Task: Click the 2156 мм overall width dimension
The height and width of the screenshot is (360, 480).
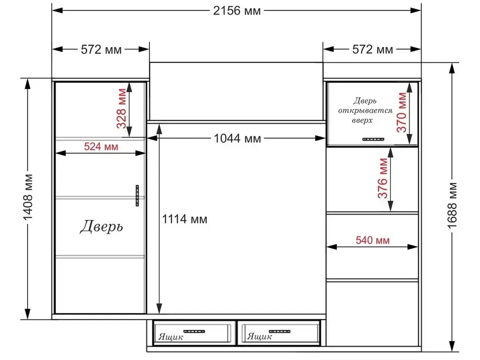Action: tap(237, 11)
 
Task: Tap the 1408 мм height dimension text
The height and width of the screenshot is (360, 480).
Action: tap(28, 197)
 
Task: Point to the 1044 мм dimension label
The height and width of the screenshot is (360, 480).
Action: tap(237, 138)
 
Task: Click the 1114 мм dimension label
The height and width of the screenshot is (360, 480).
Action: tap(185, 219)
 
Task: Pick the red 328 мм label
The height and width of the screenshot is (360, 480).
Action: tap(122, 108)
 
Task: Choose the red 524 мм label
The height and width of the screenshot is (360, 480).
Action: tap(101, 147)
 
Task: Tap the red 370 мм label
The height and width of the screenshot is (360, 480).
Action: tap(402, 112)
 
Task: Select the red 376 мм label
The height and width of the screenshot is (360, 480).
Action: tap(383, 178)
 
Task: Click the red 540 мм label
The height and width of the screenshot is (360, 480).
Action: tap(373, 240)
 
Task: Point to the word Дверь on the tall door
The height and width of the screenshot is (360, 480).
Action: tap(101, 226)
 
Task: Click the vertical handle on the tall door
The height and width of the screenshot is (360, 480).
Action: tap(137, 195)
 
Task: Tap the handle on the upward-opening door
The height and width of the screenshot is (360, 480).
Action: tap(373, 139)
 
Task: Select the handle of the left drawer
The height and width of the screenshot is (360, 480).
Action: tap(194, 331)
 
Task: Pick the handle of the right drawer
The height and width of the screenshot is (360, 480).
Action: tap(280, 331)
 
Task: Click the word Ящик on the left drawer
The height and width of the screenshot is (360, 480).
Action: tap(171, 337)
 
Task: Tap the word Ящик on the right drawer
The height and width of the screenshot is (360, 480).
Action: tap(259, 337)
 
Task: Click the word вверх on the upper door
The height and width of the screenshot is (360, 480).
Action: tap(362, 121)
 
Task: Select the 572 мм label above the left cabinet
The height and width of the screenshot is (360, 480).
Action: tap(101, 49)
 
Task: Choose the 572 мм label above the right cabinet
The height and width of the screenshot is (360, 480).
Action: tap(373, 49)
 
